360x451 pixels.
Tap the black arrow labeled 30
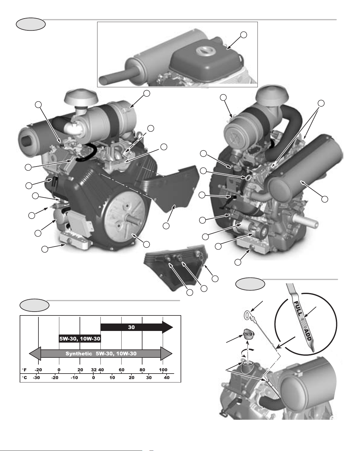point(137,327)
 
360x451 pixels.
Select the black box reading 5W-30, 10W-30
point(80,339)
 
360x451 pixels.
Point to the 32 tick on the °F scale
point(94,370)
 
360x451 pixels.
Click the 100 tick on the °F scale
point(163,370)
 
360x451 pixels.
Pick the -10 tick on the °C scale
point(74,378)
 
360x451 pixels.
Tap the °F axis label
point(24,370)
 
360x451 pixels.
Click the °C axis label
point(24,378)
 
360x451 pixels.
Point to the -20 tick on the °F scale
point(38,370)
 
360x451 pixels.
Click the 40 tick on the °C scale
point(167,378)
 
